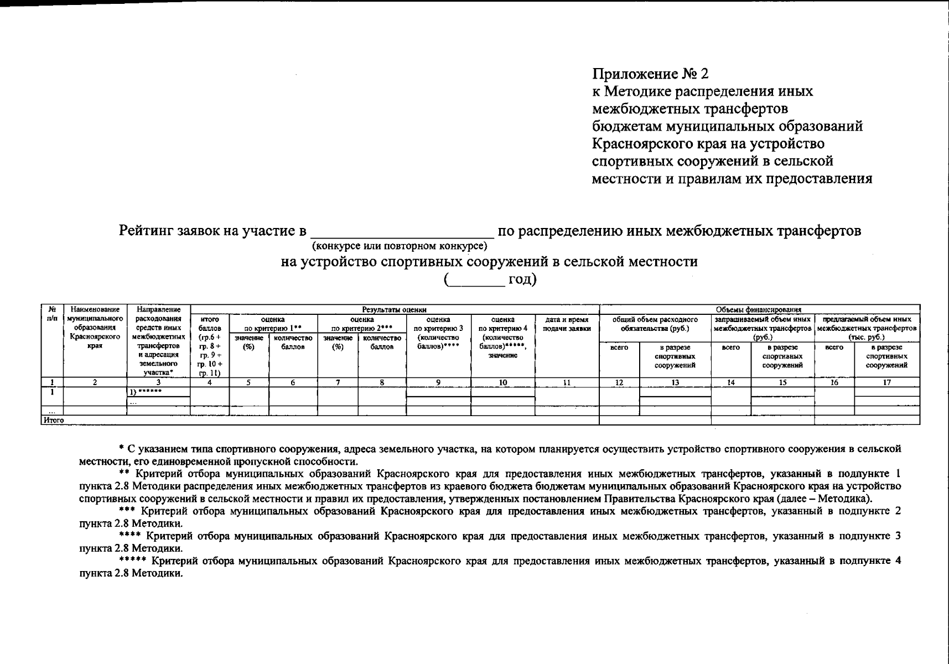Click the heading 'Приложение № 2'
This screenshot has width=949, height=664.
[x=650, y=74]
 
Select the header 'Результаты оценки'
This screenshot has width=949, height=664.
[x=394, y=310]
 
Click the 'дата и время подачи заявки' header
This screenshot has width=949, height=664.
[x=567, y=324]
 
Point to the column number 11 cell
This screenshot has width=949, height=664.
[x=567, y=382]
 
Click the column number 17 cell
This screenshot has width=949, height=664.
[x=886, y=382]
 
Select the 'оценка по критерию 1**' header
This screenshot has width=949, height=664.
[x=273, y=323]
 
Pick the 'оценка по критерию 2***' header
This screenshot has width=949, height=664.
[x=361, y=323]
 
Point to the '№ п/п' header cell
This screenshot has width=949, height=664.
[x=52, y=314]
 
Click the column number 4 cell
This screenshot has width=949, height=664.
[x=210, y=382]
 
